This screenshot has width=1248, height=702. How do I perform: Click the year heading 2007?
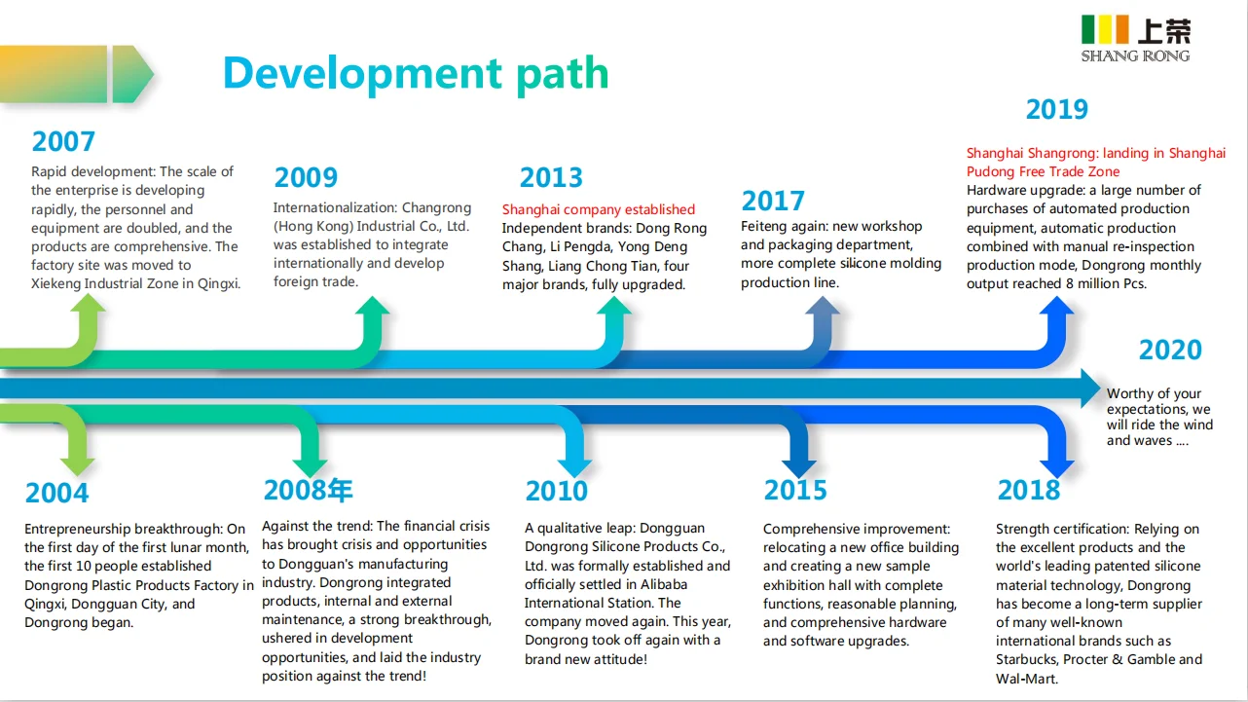[x=63, y=141]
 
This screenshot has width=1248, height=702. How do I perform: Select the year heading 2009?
[x=306, y=178]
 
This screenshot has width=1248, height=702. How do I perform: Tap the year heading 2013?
[x=551, y=178]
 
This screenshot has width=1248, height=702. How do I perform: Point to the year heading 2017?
[x=773, y=202]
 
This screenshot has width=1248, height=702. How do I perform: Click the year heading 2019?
[x=1057, y=109]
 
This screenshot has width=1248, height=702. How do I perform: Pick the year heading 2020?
[x=1170, y=350]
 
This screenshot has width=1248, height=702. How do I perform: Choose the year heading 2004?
[x=56, y=493]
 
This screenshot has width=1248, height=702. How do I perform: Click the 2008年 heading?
[x=308, y=491]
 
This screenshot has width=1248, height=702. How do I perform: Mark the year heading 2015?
[x=795, y=491]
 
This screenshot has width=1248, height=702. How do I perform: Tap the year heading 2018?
[x=1029, y=491]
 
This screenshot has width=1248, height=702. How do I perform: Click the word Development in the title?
[x=363, y=73]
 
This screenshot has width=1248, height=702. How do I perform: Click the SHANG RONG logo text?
[x=1135, y=56]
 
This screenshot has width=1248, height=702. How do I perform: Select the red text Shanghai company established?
[x=599, y=209]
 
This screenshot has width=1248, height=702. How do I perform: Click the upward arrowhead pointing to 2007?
[x=88, y=304]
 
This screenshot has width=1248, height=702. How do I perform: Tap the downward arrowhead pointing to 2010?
[x=574, y=468]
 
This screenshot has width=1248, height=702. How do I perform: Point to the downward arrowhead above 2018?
[x=1057, y=468]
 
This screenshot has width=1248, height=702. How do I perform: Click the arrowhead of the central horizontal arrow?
[x=1091, y=388]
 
